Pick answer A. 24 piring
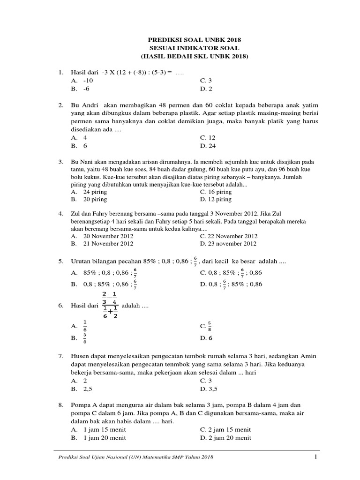(89, 192)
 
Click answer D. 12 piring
(216, 199)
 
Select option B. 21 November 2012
(102, 243)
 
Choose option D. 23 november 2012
(228, 243)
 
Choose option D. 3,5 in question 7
(209, 389)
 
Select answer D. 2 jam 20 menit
(225, 437)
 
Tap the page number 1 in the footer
(316, 457)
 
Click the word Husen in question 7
(80, 357)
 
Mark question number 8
(60, 405)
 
